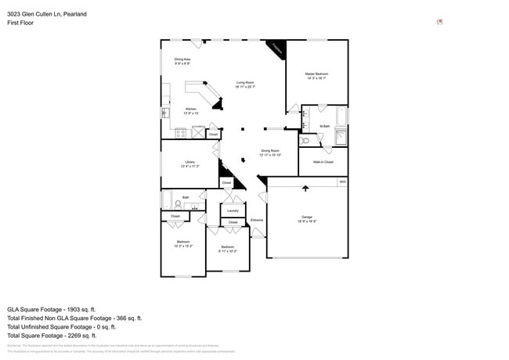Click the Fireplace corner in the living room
[x=276, y=49]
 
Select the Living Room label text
[x=245, y=82]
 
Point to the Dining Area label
[x=182, y=59]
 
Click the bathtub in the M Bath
[x=341, y=117]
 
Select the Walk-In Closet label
[x=323, y=162]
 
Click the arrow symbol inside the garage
[x=305, y=187]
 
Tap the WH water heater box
[x=342, y=182]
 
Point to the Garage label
[x=307, y=217]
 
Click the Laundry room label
[x=233, y=211]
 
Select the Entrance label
[x=257, y=220]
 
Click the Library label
[x=190, y=162]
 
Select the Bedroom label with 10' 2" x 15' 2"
[x=182, y=242]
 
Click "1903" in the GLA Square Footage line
[x=69, y=309]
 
